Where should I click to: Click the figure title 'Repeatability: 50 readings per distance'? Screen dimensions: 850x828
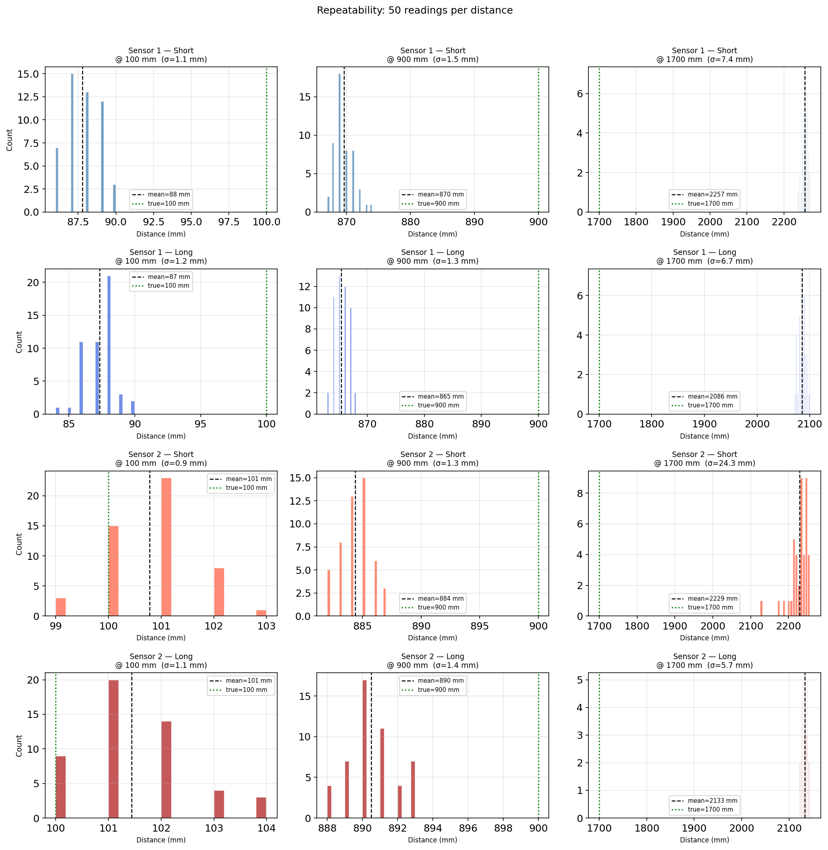click(414, 10)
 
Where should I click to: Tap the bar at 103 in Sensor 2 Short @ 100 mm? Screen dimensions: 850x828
click(261, 613)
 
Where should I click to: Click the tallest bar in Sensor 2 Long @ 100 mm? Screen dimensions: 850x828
click(114, 749)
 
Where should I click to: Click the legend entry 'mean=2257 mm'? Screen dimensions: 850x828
click(712, 194)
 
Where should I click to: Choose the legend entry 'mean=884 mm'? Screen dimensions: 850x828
click(440, 599)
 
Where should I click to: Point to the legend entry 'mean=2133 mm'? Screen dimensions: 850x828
click(712, 800)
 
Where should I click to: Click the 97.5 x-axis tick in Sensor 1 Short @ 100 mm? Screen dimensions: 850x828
click(229, 222)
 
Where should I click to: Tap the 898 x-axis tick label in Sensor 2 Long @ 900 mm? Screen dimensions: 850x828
click(503, 828)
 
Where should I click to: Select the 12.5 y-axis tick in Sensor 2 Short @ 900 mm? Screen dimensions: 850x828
click(300, 501)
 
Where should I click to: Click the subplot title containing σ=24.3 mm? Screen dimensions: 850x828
click(704, 459)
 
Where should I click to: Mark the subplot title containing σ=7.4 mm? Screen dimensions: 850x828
click(704, 55)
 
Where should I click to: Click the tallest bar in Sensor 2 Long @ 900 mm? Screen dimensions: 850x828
click(364, 749)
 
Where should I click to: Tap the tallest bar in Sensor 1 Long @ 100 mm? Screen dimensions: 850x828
click(109, 345)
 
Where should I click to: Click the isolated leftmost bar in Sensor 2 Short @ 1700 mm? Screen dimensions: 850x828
click(762, 608)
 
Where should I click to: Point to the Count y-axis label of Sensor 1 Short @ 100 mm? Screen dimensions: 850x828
click(10, 140)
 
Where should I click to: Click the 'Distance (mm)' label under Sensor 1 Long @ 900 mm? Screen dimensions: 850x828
click(432, 436)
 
